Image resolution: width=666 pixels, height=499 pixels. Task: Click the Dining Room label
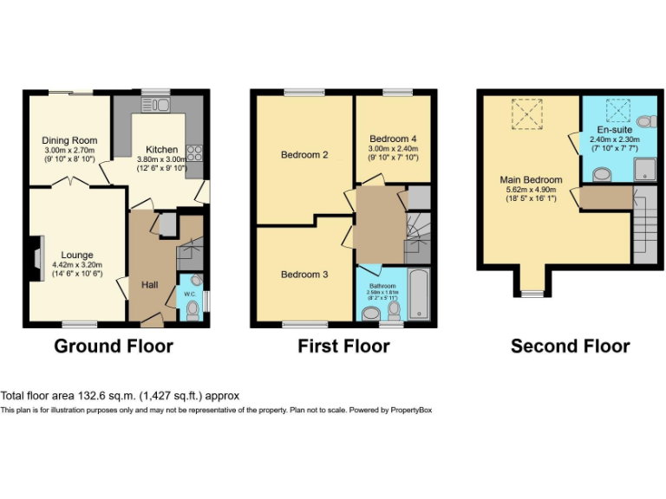point(70,140)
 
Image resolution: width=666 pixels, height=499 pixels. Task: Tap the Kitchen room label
point(162,150)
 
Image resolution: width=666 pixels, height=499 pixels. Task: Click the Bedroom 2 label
point(304,156)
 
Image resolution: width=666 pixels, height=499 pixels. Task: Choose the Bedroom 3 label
point(304,275)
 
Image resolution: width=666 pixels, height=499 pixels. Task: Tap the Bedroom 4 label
point(393,139)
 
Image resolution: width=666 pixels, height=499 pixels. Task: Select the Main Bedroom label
point(531,180)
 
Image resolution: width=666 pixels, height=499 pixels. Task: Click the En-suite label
point(614,129)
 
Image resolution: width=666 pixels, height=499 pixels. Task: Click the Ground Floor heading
point(114,347)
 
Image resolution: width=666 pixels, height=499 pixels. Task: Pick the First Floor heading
point(343,347)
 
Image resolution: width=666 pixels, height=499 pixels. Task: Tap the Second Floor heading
point(570,347)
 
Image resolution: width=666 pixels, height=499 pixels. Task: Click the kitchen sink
point(159,105)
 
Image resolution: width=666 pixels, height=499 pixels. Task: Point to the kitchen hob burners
point(194,154)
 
